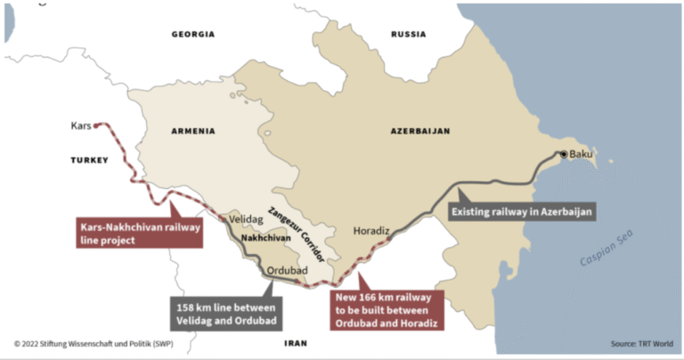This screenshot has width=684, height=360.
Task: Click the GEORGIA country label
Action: coord(193,34)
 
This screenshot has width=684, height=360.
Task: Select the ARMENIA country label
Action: coord(192,131)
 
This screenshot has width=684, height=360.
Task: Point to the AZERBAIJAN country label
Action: coord(420,131)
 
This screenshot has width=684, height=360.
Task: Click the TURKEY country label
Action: coord(89,160)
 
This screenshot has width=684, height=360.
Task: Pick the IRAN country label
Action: coord(296,342)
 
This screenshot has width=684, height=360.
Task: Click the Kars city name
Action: coord(81,126)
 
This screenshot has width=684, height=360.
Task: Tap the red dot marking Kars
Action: coord(97,126)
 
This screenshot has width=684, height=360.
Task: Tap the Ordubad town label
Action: coord(281,265)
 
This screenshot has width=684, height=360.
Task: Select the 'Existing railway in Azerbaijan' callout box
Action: coord(521,212)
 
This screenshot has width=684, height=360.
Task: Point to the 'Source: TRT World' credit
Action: coord(642,343)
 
